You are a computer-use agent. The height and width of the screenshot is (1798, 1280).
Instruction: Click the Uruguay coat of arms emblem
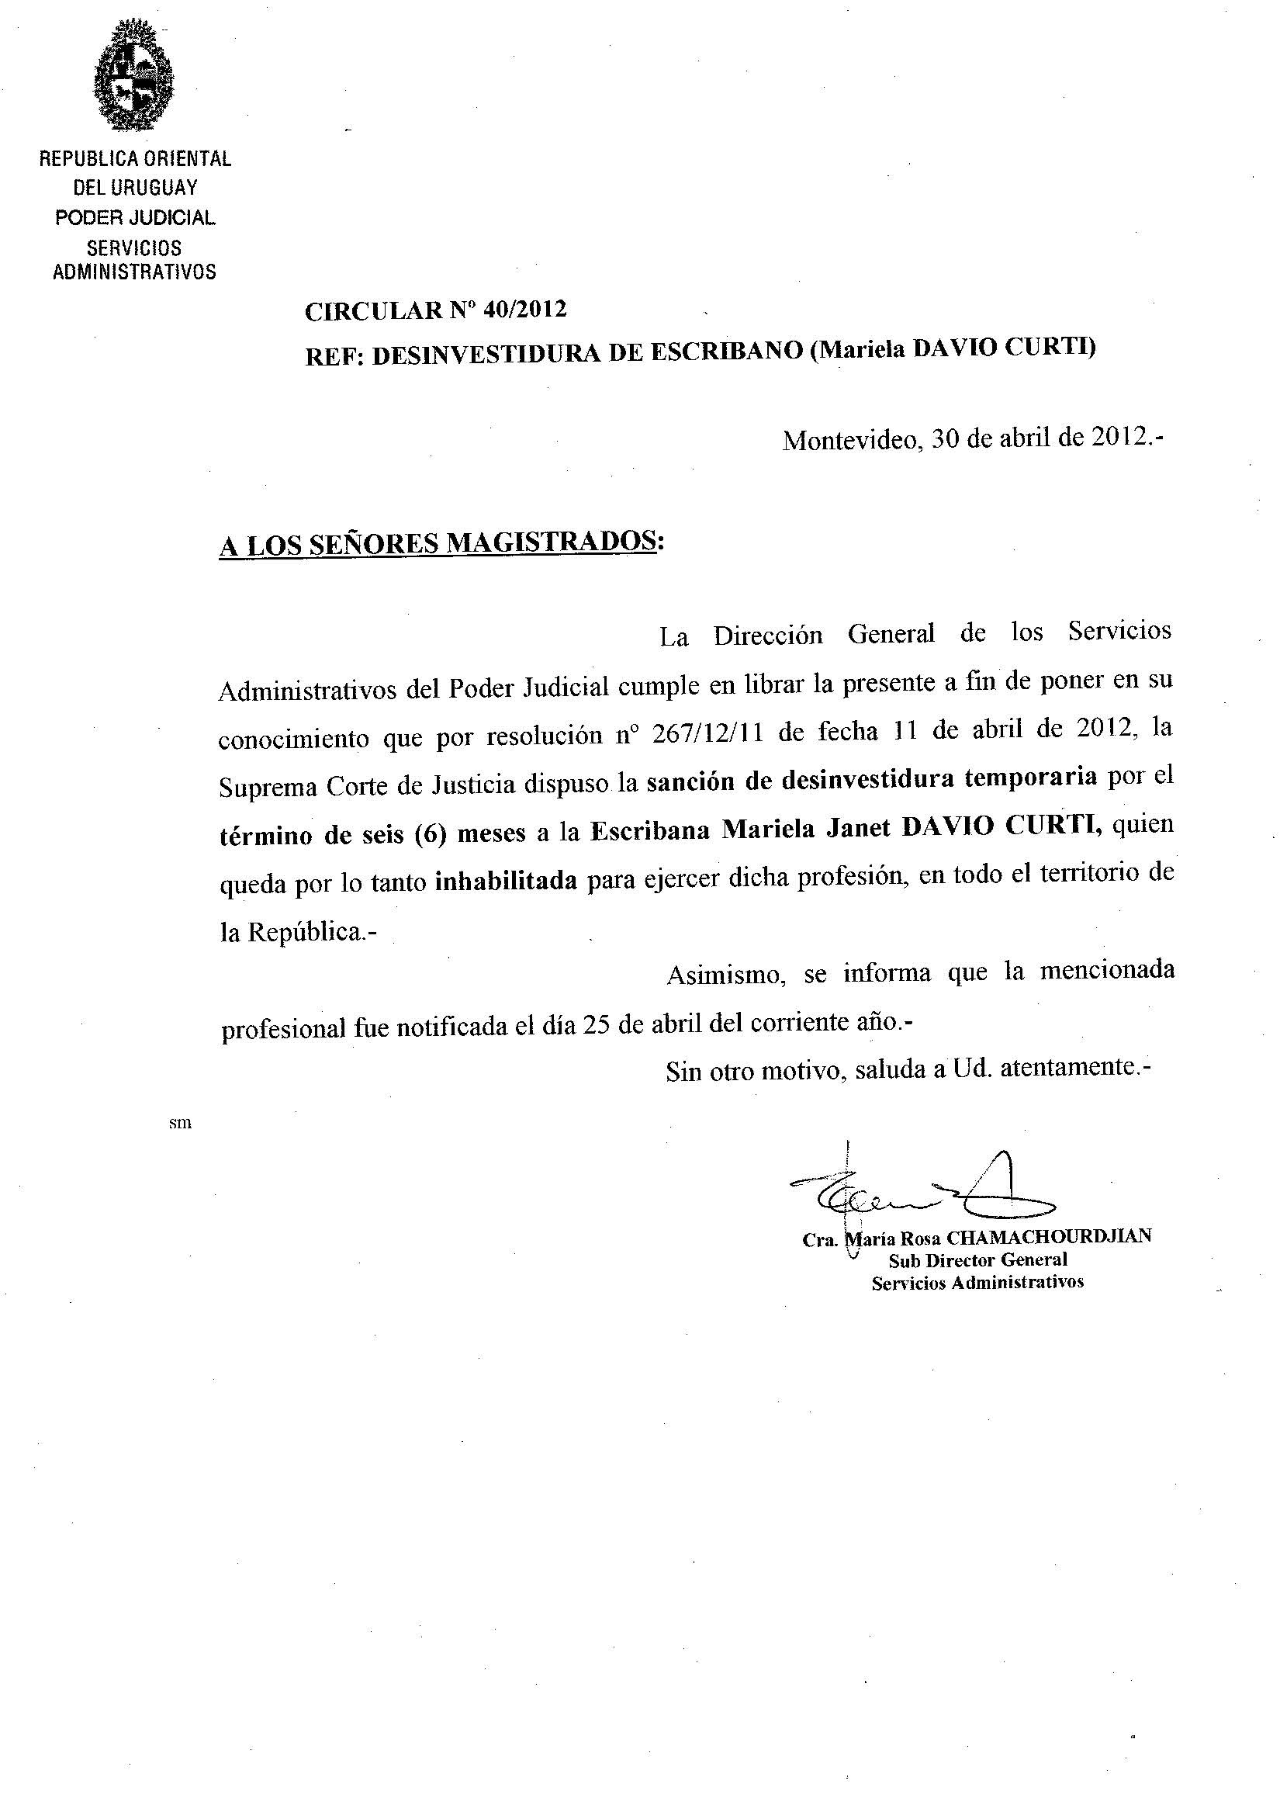click(133, 77)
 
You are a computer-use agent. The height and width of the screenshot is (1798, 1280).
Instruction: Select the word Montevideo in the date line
click(851, 439)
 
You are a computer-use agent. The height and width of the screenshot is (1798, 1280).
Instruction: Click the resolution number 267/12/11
click(707, 734)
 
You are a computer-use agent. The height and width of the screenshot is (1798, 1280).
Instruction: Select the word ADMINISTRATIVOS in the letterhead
click(134, 272)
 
